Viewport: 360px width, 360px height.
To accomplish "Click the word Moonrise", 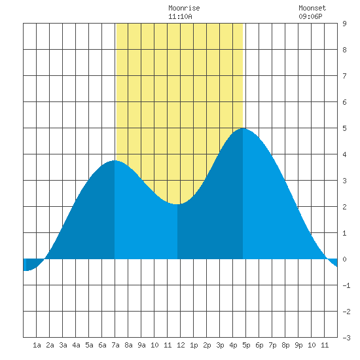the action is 184,8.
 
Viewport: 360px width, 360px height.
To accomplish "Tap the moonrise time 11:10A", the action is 180,16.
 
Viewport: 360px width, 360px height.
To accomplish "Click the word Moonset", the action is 312,8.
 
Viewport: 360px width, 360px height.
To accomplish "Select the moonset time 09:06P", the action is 310,16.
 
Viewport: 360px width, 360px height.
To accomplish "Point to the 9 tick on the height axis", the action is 344,24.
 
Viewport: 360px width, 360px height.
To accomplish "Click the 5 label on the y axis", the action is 344,128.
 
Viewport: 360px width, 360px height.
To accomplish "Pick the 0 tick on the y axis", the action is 344,259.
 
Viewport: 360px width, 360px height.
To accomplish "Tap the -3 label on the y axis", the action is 346,338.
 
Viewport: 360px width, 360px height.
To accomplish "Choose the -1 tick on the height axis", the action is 346,285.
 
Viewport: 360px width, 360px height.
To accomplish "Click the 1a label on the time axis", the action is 37,345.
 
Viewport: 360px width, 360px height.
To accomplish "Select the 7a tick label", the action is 115,345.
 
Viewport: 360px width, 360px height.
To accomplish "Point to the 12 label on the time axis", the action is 181,345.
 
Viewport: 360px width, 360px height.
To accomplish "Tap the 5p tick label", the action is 246,345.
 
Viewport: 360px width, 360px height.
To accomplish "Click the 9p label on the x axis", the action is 298,345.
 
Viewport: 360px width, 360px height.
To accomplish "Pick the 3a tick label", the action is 63,345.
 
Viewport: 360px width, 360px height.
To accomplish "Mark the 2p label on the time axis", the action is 207,345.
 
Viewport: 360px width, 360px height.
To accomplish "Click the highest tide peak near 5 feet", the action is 243,128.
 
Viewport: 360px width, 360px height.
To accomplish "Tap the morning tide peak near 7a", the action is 115,161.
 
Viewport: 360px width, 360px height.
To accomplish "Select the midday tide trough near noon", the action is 177,204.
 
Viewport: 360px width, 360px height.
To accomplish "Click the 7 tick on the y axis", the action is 344,76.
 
